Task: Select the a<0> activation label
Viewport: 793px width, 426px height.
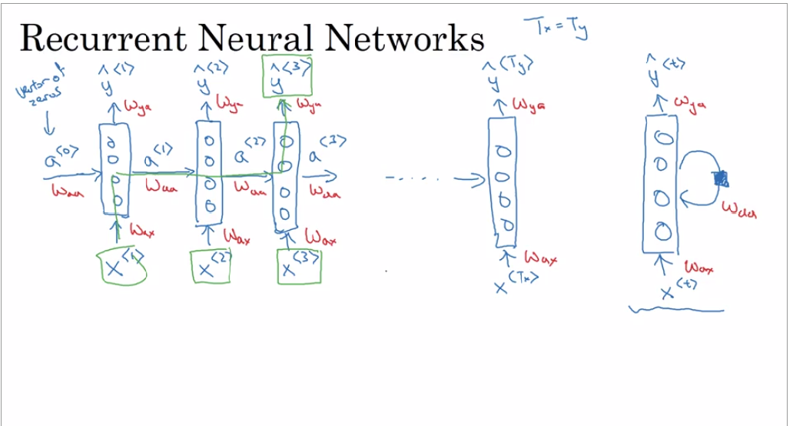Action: (x=60, y=159)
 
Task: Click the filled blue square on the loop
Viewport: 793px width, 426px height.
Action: (x=721, y=178)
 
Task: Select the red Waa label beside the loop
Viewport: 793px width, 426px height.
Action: (x=739, y=208)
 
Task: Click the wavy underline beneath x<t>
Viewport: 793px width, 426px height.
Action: (x=676, y=310)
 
